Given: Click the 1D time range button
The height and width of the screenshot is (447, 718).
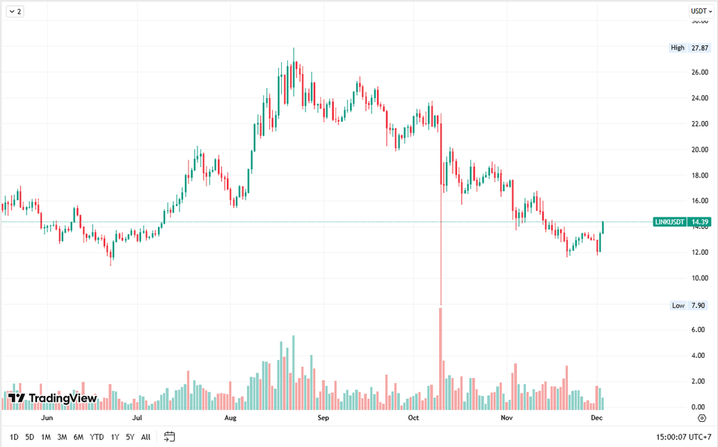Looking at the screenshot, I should click(14, 437).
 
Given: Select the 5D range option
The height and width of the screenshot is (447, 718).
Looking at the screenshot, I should click(29, 437).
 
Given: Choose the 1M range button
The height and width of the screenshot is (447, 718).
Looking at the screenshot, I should click(46, 437).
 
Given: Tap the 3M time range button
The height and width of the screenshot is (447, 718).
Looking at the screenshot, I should click(62, 437).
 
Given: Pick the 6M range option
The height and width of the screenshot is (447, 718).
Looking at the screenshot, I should click(79, 437).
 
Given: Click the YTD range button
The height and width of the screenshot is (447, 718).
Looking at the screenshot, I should click(97, 437).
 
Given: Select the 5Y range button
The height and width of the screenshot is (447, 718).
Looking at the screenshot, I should click(129, 437).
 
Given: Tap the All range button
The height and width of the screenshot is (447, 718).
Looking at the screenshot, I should click(145, 437).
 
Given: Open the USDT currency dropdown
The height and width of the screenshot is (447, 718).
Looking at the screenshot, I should click(701, 11).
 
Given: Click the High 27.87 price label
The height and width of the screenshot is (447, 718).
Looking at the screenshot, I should click(689, 47).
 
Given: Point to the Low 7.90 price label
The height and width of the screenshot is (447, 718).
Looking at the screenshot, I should click(689, 306).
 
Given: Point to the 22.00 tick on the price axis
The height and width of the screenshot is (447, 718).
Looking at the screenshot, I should click(699, 124).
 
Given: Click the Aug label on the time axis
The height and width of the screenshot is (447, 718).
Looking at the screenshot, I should click(231, 418).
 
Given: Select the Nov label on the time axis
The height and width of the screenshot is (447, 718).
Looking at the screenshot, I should click(506, 418).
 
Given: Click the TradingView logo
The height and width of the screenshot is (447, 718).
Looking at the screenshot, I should click(53, 398).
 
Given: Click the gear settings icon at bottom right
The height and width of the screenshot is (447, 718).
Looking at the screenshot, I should click(702, 418).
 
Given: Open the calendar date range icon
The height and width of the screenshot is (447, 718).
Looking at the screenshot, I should click(169, 437).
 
